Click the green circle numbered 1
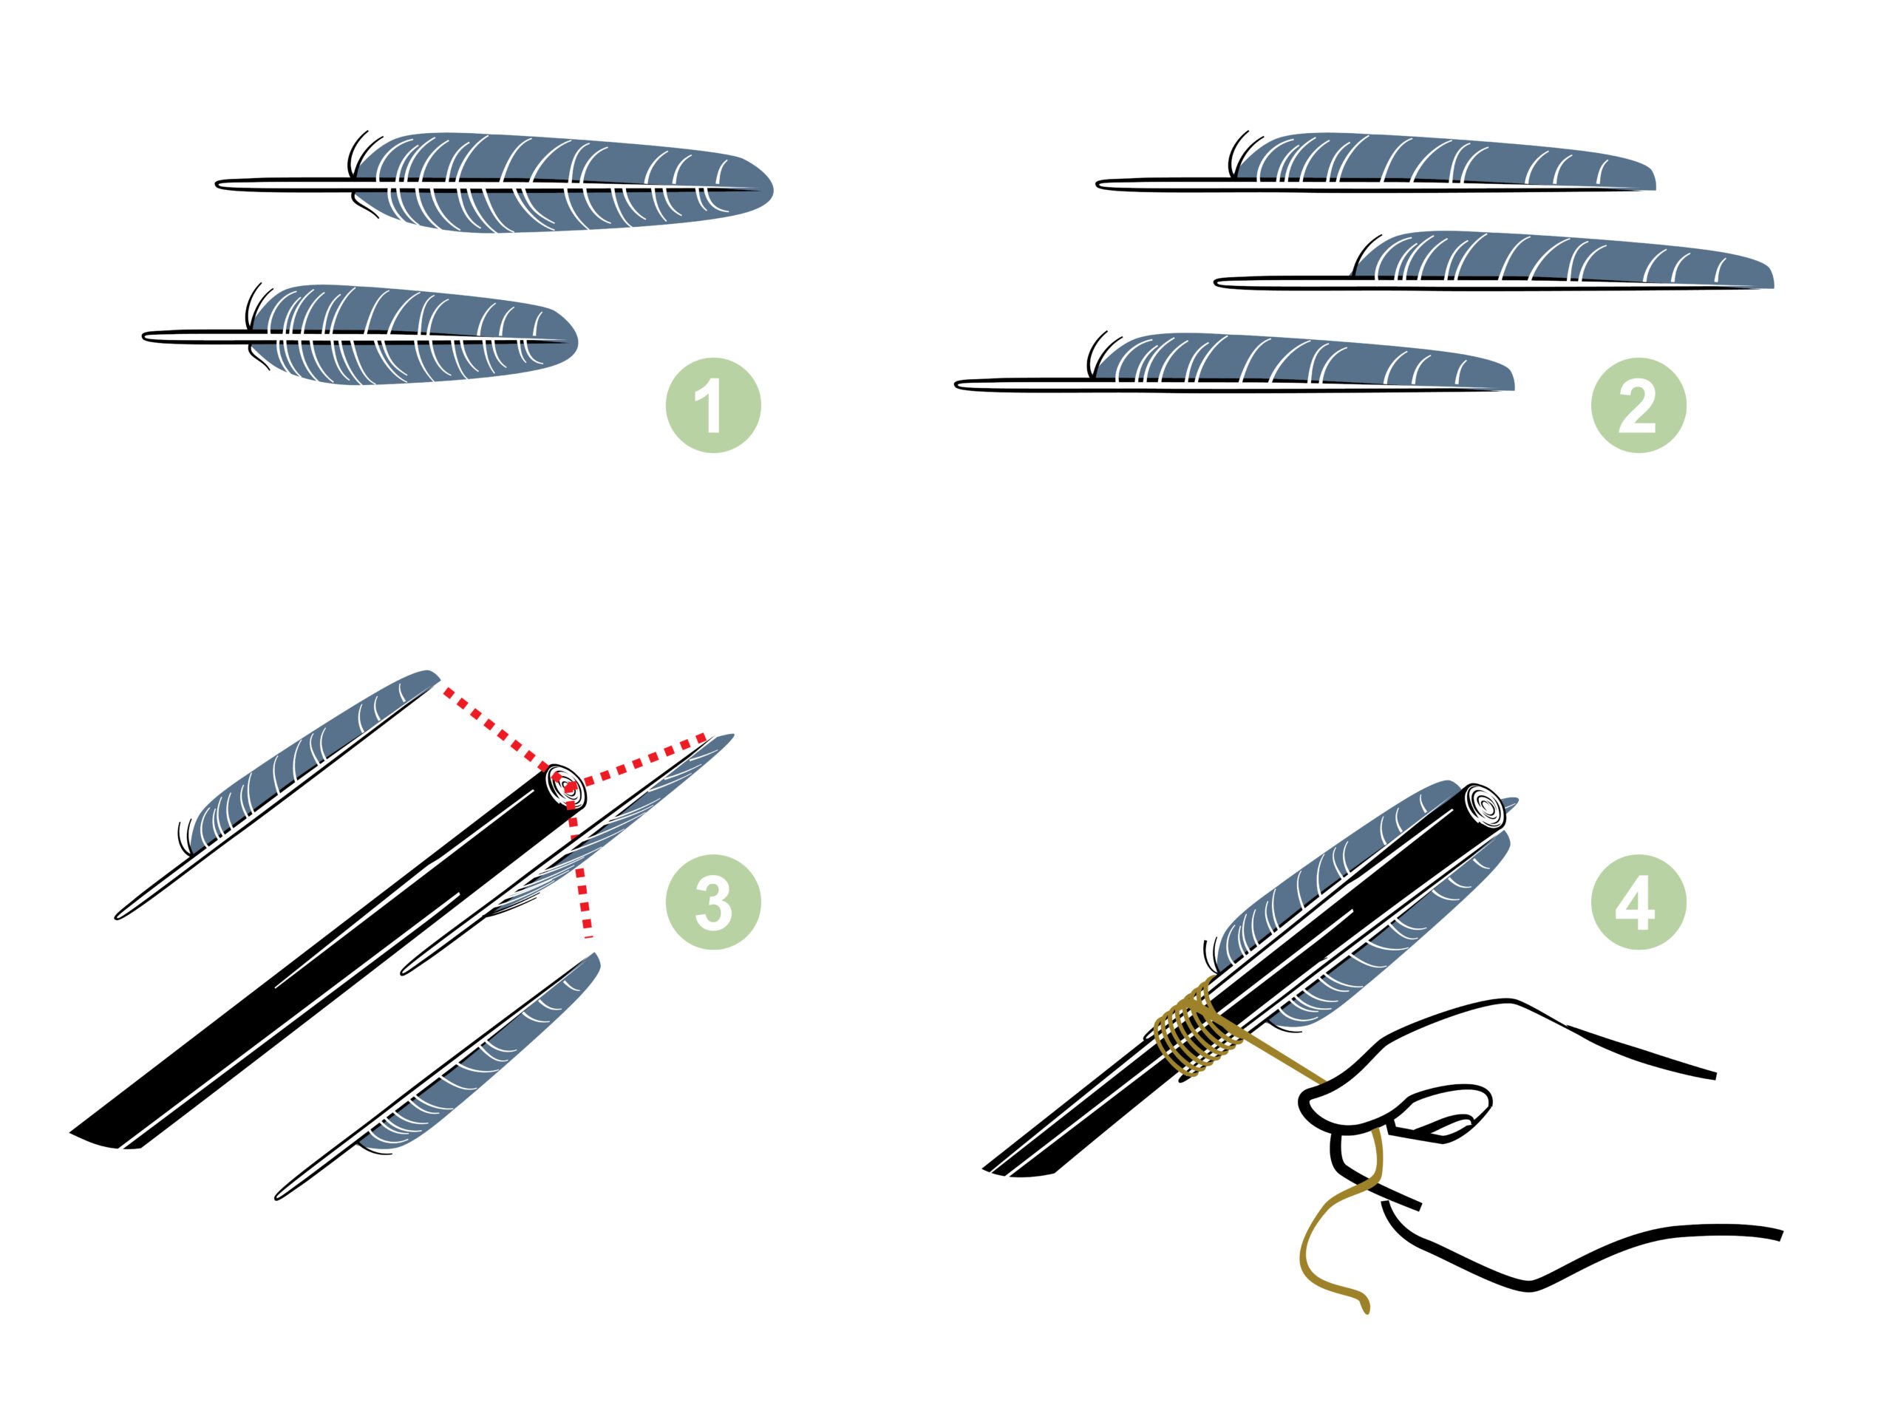pos(712,406)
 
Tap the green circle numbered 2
pos(1638,406)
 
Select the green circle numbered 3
pos(712,902)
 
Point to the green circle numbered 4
pos(1638,902)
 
